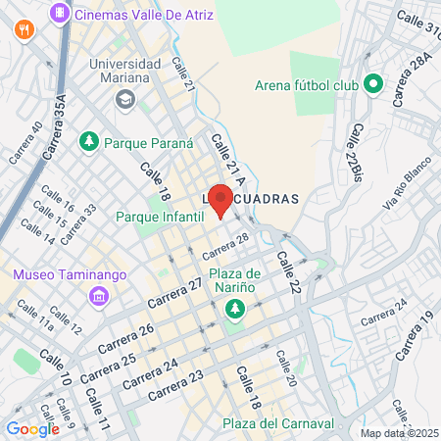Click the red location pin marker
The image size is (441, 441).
(221, 200)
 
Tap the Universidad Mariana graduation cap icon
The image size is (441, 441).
(124, 99)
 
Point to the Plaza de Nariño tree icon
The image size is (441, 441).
(234, 311)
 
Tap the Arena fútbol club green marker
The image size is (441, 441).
(371, 84)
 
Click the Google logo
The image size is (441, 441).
(32, 428)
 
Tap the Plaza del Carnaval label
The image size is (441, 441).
(277, 423)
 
